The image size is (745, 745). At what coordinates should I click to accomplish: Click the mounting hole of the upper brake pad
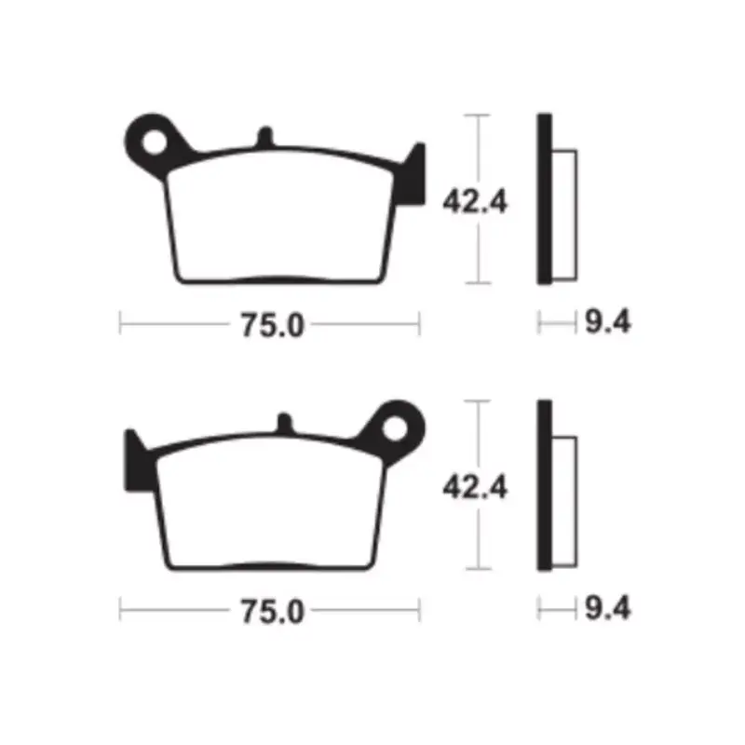point(155,143)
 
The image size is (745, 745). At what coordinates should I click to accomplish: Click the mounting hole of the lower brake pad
point(395,429)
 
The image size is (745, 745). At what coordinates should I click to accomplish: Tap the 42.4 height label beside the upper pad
point(475,202)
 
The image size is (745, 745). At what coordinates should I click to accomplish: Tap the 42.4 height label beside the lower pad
point(475,487)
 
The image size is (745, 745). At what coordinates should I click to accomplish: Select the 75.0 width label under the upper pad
point(272,325)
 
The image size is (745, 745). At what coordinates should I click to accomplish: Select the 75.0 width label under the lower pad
point(272,612)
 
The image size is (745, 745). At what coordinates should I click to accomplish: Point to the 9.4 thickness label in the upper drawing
point(608,321)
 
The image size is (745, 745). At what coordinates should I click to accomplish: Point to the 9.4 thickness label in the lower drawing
point(608,608)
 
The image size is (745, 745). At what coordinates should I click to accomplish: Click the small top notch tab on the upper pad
point(265,137)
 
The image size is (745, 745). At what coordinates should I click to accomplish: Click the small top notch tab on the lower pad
point(285,423)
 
